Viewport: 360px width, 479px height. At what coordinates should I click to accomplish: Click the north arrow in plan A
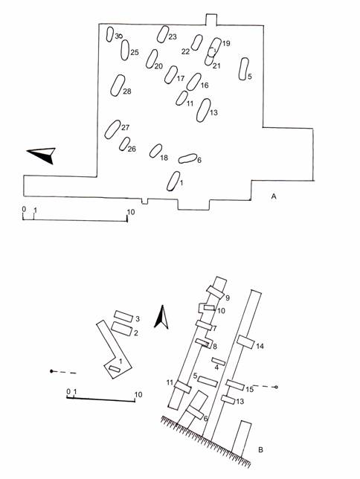43,154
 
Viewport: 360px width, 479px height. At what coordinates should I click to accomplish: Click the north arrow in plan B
161,317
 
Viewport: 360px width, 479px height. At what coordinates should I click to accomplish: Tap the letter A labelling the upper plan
274,196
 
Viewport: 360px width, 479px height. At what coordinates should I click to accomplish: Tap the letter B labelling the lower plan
260,450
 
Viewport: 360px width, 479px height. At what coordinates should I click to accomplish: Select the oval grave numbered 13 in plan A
204,110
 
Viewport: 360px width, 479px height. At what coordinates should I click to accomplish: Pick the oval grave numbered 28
118,86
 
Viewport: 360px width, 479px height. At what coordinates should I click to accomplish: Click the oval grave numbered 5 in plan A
243,68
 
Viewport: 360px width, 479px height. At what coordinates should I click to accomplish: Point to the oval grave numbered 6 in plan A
187,158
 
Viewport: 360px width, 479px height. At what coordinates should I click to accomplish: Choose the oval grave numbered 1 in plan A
173,181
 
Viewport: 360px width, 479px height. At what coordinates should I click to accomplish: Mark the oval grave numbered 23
163,34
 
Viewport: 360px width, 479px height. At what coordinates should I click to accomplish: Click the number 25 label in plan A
135,52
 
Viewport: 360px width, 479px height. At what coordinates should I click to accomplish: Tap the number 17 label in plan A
181,78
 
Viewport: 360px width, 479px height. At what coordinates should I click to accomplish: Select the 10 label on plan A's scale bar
131,212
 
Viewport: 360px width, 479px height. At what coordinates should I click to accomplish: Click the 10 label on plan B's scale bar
138,394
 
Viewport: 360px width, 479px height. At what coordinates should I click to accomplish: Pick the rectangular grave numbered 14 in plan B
245,342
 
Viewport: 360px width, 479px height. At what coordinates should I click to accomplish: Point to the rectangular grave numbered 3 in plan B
123,316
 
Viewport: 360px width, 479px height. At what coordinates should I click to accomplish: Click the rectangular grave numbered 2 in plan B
121,329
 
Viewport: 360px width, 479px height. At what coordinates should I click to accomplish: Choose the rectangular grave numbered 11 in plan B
183,387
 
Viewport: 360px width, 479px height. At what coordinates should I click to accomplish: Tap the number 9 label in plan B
228,298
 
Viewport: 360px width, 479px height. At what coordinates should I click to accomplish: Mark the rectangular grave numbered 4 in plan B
219,361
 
